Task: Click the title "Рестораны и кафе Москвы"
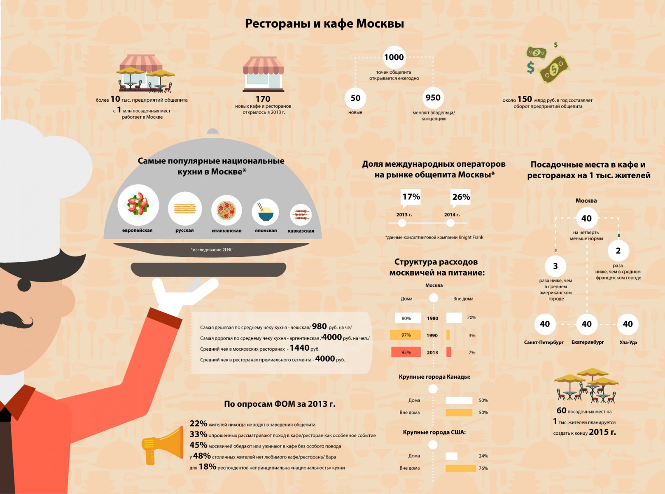tap(324, 24)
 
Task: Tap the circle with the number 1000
tap(394, 57)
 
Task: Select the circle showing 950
tap(433, 98)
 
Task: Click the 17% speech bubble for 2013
tap(411, 198)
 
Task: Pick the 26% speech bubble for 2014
tap(461, 198)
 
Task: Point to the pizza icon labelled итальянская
tap(226, 210)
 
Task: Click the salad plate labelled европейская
tap(138, 205)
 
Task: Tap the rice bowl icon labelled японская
tap(265, 212)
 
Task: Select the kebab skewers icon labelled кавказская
tap(301, 214)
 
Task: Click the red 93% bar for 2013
tap(406, 352)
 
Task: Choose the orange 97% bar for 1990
tap(405, 335)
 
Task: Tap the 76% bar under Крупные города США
tap(460, 468)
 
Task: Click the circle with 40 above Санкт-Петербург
tap(545, 324)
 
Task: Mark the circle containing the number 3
tap(555, 266)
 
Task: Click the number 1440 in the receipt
tap(299, 348)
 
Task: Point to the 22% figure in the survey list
tap(198, 423)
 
